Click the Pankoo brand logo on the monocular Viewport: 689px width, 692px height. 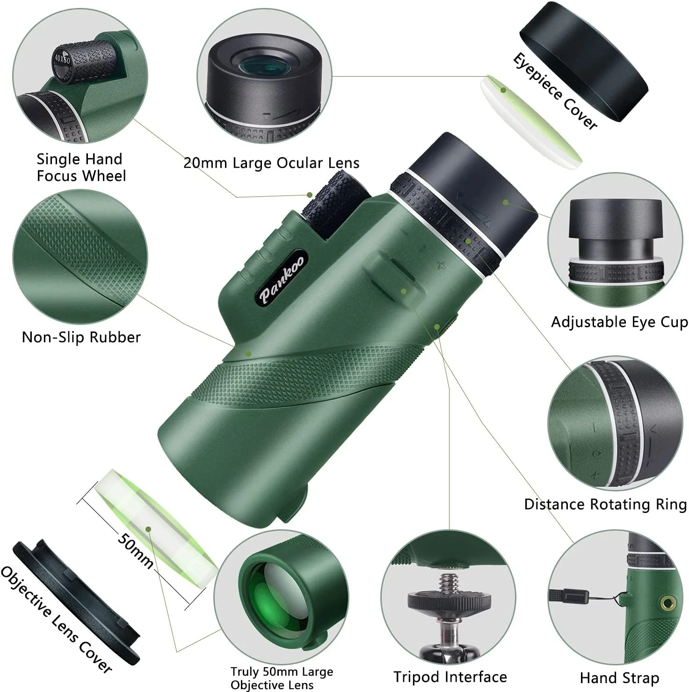(x=283, y=279)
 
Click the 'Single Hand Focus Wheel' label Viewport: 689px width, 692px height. (x=81, y=167)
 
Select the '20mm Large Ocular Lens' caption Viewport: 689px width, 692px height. (x=271, y=163)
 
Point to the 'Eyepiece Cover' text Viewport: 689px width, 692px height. (x=555, y=91)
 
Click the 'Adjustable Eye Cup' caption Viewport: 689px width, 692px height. (x=619, y=322)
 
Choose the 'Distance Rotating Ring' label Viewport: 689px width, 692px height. (x=605, y=504)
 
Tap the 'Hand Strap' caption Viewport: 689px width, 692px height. (x=619, y=678)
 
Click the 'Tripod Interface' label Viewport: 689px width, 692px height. (x=450, y=677)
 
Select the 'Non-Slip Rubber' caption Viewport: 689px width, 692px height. (x=81, y=337)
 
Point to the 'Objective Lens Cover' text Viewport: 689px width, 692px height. (x=56, y=619)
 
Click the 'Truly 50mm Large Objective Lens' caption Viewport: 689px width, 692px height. (x=282, y=678)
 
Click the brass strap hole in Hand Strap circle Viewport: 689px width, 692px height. (x=666, y=603)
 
